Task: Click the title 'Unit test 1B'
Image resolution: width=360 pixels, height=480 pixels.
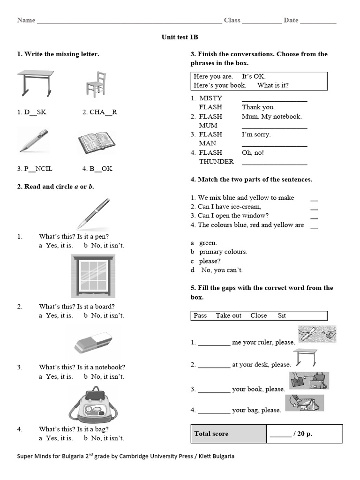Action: point(180,37)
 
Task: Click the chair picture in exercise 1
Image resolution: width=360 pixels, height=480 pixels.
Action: point(95,85)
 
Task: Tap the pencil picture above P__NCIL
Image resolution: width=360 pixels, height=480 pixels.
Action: point(33,141)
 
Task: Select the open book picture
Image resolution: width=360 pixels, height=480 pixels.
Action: point(96,142)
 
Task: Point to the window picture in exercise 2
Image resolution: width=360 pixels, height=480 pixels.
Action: point(93,277)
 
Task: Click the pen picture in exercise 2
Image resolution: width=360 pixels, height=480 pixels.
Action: point(93,213)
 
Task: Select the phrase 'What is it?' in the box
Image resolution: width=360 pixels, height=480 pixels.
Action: point(273,85)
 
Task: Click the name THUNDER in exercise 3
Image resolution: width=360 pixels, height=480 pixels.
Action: point(216,161)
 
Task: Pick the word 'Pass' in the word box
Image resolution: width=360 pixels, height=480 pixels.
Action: point(200,315)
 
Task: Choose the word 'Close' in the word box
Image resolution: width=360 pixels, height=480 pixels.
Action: point(258,315)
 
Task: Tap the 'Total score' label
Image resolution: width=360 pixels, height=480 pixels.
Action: point(211,434)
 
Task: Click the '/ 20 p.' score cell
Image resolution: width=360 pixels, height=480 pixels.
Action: point(291,434)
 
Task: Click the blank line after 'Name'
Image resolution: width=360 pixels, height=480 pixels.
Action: point(129,21)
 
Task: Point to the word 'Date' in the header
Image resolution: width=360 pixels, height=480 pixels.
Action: point(291,20)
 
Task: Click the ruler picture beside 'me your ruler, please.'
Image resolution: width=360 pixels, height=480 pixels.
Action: point(317,334)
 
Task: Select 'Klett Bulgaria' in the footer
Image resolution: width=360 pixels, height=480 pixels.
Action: point(216,456)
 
